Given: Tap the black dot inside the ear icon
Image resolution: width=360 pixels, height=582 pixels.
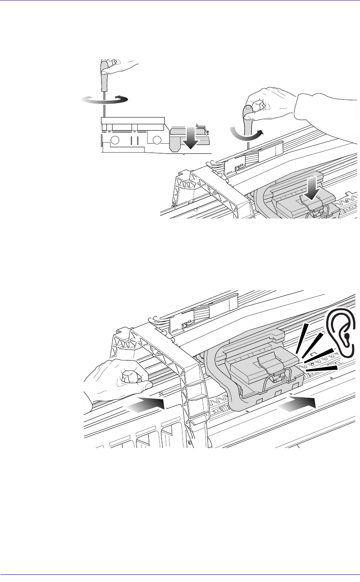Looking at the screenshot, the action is pos(346,336).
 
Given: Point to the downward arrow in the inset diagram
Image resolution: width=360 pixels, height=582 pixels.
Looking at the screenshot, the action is pos(190,140).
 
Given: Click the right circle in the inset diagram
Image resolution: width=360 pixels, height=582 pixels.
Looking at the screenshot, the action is pos(158,140).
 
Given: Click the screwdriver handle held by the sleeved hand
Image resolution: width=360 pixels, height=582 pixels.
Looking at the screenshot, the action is pos(247,113).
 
